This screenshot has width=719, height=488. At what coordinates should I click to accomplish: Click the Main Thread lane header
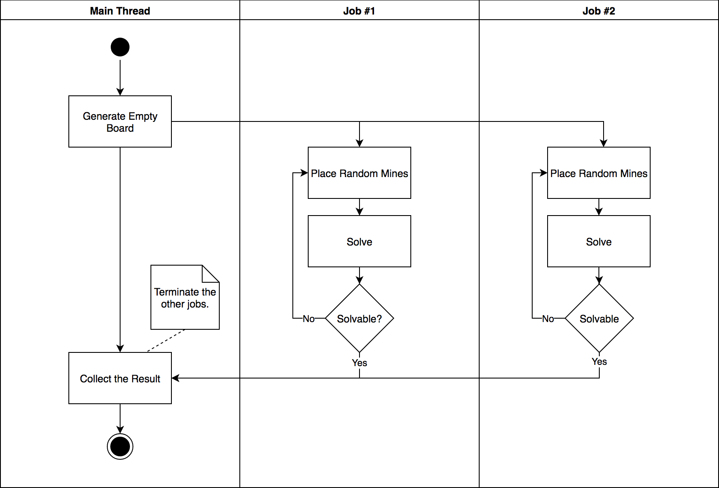[x=120, y=11]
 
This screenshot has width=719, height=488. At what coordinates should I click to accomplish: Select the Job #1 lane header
[x=359, y=11]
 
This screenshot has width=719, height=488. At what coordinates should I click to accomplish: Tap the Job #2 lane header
[x=598, y=11]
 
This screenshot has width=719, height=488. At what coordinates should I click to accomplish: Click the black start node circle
[x=120, y=47]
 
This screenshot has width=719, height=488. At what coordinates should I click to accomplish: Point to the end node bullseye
[x=120, y=447]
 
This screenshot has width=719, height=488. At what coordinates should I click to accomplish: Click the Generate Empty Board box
[x=120, y=122]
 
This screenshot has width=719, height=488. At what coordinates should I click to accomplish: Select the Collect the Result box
[x=120, y=379]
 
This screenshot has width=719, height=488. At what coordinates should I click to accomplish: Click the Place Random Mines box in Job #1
[x=359, y=173]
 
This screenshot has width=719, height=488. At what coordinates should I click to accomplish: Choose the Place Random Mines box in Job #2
[x=599, y=173]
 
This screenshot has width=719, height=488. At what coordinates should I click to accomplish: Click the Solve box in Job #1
[x=359, y=242]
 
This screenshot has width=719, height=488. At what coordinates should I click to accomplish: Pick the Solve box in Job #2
[x=599, y=242]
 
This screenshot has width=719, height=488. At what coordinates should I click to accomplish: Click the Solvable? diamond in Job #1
[x=359, y=319]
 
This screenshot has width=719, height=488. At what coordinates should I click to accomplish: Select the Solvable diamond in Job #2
[x=599, y=319]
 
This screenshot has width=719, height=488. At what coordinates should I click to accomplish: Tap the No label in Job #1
[x=309, y=319]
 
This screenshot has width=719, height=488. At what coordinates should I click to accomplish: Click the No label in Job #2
[x=548, y=319]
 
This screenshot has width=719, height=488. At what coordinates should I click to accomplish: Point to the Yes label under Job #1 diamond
[x=359, y=363]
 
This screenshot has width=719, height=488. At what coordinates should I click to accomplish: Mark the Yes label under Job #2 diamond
[x=599, y=361]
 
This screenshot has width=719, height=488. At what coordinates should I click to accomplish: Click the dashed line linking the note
[x=167, y=340]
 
